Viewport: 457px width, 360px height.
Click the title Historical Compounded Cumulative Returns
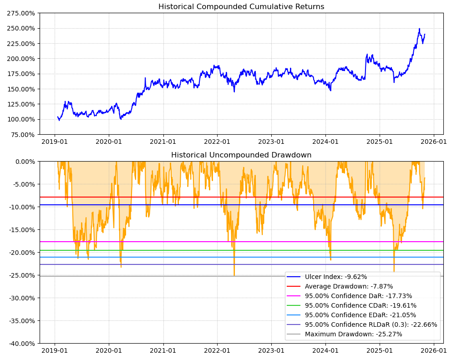[x=241, y=7]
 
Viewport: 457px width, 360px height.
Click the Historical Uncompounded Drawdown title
[x=241, y=155]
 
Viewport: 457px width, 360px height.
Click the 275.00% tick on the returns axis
[x=21, y=13]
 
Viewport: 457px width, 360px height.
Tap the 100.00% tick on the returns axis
[x=21, y=119]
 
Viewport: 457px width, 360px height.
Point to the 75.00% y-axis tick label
[x=23, y=135]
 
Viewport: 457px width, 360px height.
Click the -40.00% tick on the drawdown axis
[x=21, y=344]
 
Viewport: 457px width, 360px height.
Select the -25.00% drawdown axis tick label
[x=21, y=275]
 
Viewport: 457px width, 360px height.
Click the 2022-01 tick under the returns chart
[x=217, y=142]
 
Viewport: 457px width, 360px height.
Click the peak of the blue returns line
[x=419, y=29]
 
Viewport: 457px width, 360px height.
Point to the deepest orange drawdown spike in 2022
[x=234, y=275]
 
